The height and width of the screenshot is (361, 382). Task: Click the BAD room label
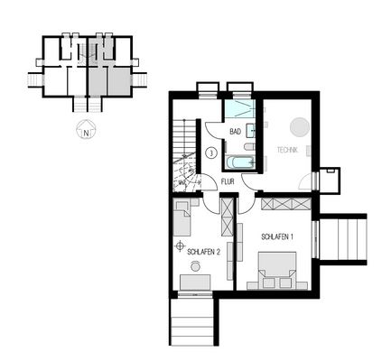click(235, 132)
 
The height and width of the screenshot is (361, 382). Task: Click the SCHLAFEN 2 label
click(204, 254)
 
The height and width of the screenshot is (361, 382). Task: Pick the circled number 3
click(210, 153)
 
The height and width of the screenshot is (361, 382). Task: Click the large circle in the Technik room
click(299, 127)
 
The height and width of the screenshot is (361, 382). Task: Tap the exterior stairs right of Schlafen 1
click(348, 239)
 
